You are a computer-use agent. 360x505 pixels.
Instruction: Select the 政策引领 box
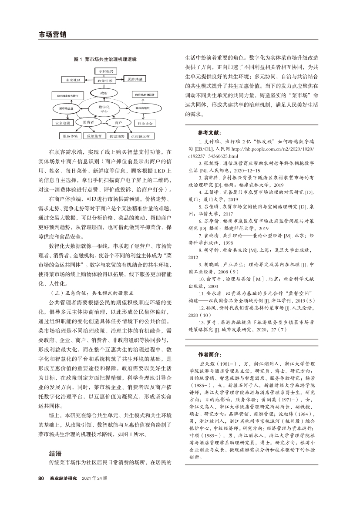point(105,81)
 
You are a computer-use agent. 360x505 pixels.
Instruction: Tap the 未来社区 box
point(74,80)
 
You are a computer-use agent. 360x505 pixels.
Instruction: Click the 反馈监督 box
point(94,136)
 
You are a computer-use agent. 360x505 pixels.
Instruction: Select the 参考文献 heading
point(209,132)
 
